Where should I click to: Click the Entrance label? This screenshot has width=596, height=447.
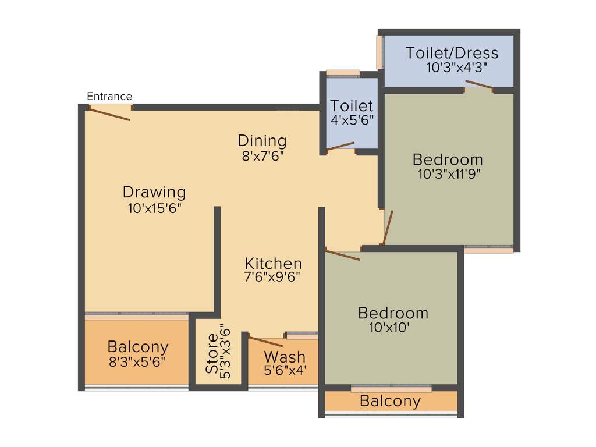(109, 97)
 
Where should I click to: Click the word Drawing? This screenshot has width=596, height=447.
(154, 191)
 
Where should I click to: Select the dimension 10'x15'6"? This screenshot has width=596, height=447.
(155, 208)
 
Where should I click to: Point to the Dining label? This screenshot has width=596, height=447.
(262, 141)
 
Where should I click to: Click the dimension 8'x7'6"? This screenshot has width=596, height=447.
(262, 156)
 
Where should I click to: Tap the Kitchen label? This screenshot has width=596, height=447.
(273, 263)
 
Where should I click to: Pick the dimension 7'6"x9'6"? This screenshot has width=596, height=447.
(272, 278)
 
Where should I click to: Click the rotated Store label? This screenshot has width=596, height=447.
(212, 354)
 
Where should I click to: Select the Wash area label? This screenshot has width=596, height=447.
(285, 356)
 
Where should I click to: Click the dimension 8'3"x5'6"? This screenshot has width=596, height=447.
(137, 361)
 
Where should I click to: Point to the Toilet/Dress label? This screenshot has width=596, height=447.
(452, 53)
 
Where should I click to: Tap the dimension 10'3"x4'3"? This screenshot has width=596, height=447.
(456, 67)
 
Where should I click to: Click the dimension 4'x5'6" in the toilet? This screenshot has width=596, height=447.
(352, 120)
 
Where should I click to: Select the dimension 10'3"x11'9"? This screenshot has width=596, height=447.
(448, 173)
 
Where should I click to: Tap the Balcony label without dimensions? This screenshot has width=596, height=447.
(390, 400)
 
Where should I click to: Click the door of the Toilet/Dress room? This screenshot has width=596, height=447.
(480, 86)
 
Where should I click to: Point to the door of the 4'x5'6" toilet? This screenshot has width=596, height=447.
(340, 146)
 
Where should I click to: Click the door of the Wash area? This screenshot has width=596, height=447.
(265, 342)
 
